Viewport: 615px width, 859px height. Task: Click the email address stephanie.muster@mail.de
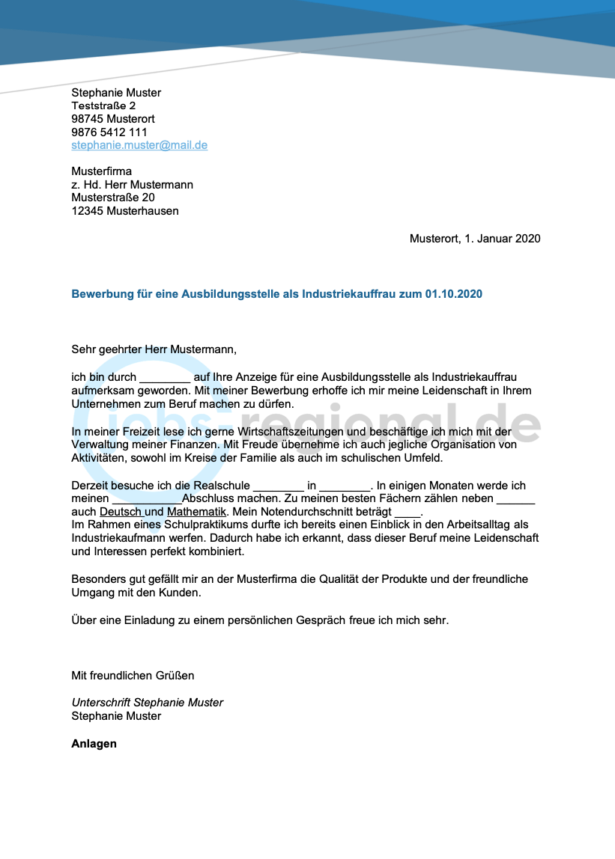[139, 145]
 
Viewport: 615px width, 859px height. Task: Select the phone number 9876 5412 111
[109, 132]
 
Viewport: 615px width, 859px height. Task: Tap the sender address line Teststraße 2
[103, 106]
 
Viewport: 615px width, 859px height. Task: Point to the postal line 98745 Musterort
[113, 119]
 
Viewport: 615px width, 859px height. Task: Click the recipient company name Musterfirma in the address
[101, 171]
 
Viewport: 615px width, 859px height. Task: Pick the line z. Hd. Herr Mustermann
[132, 185]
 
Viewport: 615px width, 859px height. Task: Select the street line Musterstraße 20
[113, 198]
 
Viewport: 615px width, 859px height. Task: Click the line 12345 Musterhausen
[125, 211]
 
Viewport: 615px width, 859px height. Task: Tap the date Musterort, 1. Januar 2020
[475, 239]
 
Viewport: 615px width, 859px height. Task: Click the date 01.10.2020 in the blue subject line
[453, 294]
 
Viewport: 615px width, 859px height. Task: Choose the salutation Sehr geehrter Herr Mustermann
[154, 349]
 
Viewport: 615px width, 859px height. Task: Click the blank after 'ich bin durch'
[165, 378]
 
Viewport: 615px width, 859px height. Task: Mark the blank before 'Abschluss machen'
[147, 499]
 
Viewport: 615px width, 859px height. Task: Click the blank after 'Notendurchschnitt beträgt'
[408, 513]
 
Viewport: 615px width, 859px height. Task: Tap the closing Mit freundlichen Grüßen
[133, 676]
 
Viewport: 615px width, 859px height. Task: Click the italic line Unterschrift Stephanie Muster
[147, 703]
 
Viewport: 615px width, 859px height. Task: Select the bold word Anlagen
[94, 744]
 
